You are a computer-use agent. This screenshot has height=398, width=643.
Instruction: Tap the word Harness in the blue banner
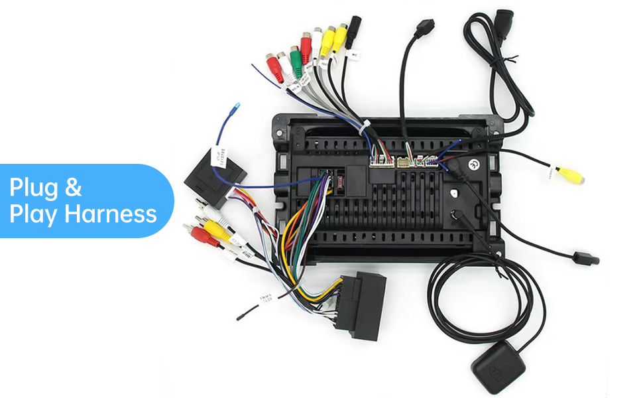click(115, 214)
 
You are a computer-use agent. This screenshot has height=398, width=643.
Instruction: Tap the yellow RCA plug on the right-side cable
click(571, 176)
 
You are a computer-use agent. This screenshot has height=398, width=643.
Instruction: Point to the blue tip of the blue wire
click(237, 106)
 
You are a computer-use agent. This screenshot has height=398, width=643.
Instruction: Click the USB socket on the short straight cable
click(424, 30)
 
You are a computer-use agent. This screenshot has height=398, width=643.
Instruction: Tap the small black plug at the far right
click(588, 259)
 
